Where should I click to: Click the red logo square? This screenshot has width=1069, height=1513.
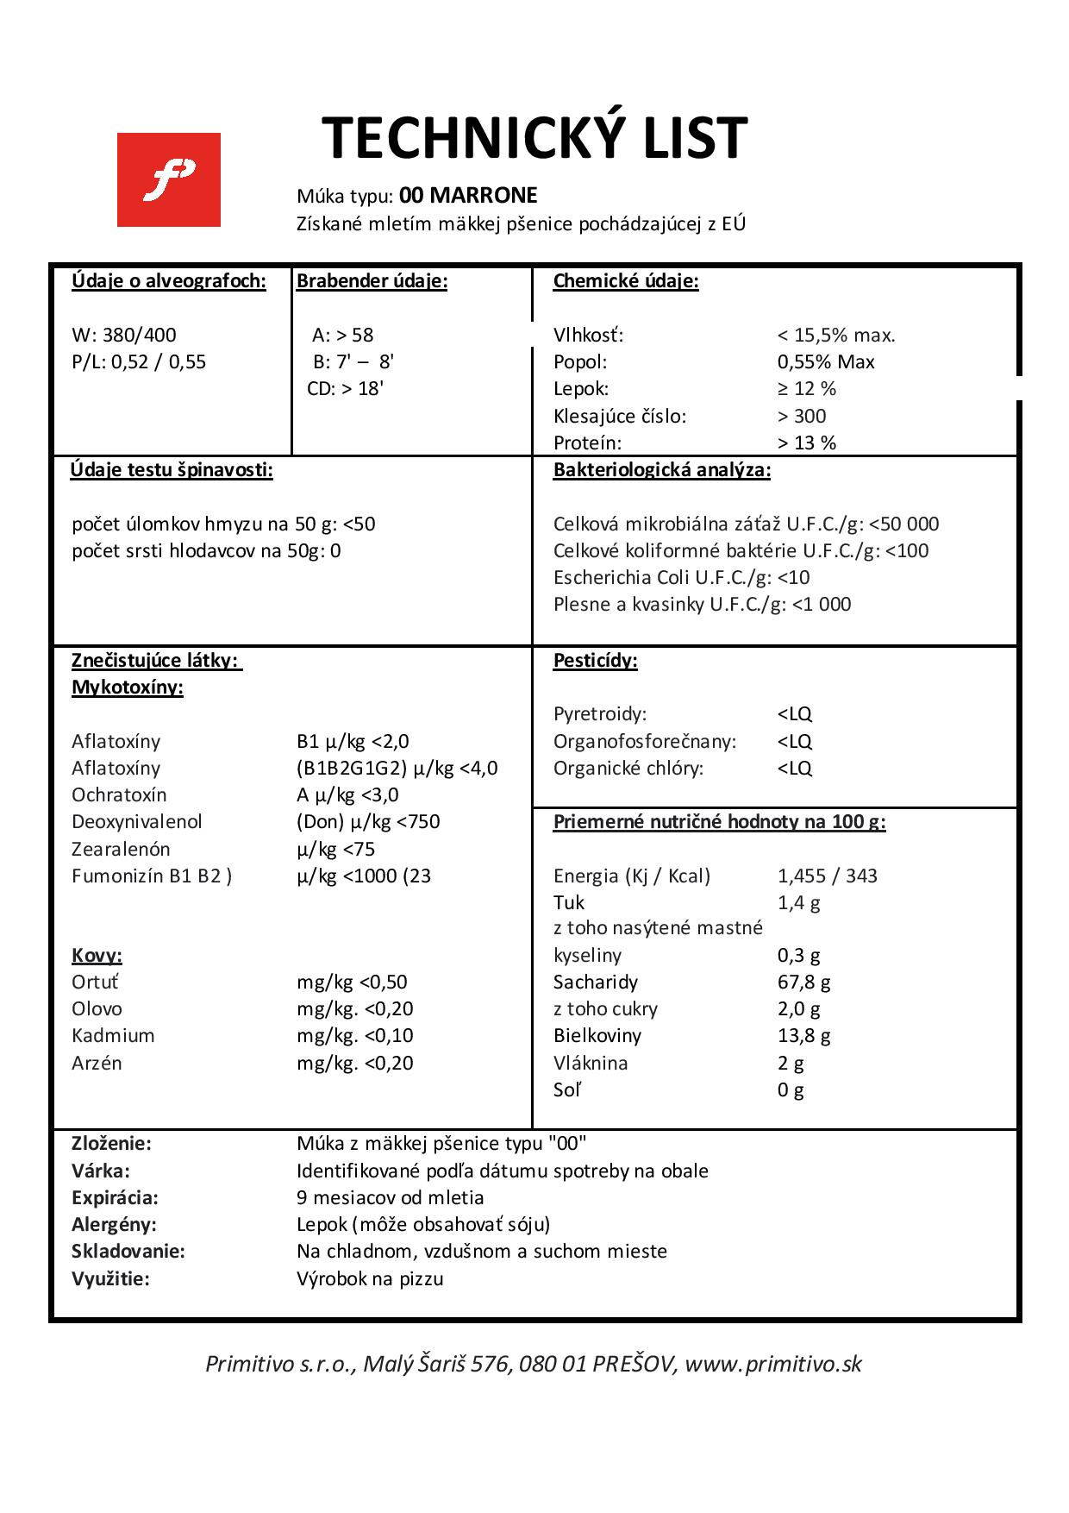click(168, 179)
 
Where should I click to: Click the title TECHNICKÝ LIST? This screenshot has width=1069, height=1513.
click(534, 138)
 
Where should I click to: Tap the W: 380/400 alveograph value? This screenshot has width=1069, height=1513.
click(124, 335)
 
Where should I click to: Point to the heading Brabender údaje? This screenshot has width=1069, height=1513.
click(372, 281)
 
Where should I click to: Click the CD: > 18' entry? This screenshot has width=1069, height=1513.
click(345, 388)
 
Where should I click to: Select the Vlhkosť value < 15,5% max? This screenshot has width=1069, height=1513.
click(835, 335)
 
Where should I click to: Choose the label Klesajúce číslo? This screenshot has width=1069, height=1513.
click(619, 416)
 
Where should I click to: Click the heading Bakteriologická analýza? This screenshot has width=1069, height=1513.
click(661, 470)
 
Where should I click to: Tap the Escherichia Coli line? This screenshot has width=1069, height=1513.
click(681, 577)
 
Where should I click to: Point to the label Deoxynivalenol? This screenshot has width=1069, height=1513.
click(136, 821)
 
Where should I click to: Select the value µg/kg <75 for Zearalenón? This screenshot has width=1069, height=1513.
click(335, 849)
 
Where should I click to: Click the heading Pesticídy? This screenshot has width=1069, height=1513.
click(595, 661)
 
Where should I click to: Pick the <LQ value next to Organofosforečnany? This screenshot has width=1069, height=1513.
click(794, 741)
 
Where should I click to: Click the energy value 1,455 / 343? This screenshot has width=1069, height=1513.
click(827, 876)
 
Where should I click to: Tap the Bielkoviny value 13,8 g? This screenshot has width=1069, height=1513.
click(803, 1035)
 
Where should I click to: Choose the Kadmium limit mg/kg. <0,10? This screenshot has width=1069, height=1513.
click(354, 1035)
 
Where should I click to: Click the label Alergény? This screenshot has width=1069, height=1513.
click(114, 1224)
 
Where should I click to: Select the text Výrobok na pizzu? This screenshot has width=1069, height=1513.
click(370, 1278)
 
